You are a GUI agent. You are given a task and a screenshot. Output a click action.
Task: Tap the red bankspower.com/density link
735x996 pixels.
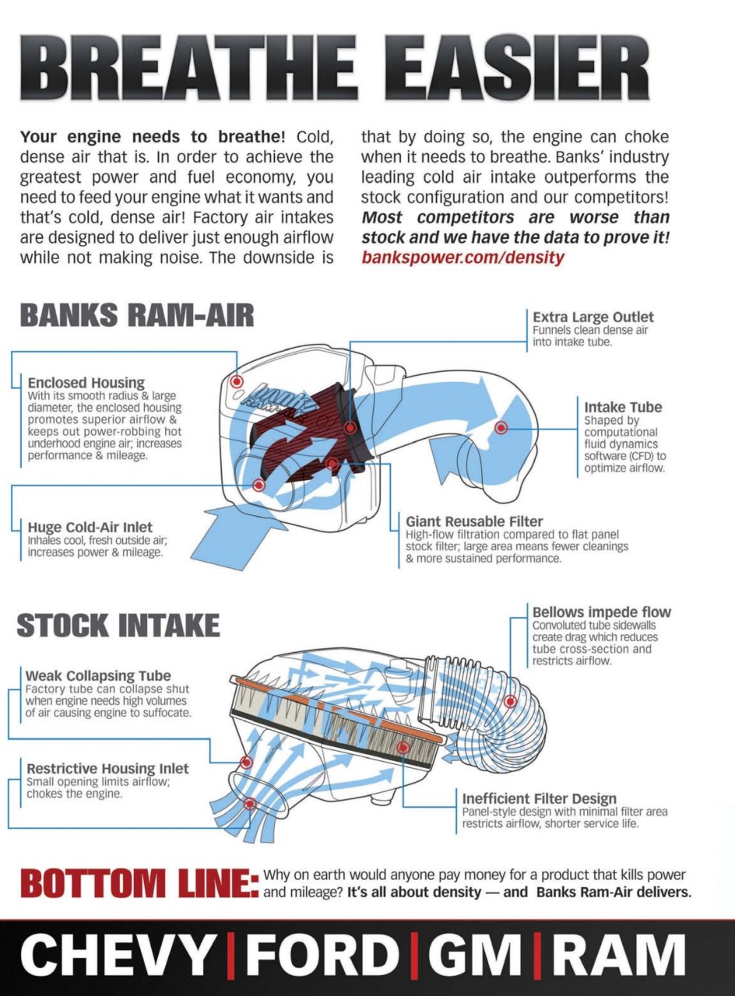[x=462, y=258]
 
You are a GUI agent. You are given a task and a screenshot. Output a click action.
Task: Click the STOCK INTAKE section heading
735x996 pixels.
[x=118, y=626]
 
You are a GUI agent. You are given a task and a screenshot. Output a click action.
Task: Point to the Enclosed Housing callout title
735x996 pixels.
[x=86, y=383]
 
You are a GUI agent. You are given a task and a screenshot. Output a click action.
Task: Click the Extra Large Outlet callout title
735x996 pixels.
[x=593, y=317]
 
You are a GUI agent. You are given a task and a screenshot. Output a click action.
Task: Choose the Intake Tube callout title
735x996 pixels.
[x=623, y=406]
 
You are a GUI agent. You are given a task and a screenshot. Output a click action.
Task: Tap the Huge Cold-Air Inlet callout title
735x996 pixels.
[x=90, y=528]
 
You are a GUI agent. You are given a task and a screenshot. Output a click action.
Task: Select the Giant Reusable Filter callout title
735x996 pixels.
[x=474, y=521]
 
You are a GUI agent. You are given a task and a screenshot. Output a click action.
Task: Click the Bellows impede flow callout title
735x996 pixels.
[x=601, y=612]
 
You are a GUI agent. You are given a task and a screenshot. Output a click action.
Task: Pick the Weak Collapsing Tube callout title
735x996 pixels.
[x=98, y=676]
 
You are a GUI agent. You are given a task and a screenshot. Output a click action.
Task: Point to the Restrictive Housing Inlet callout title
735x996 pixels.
[x=107, y=769]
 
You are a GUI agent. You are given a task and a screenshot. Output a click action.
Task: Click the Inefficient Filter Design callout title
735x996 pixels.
[x=539, y=798]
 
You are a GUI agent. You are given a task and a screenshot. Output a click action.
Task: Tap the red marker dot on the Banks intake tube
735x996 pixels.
[x=501, y=427]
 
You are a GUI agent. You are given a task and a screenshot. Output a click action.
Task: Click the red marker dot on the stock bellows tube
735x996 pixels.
[x=510, y=701]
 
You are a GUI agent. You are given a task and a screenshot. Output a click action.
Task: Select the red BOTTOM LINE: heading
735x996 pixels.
[x=139, y=884]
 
